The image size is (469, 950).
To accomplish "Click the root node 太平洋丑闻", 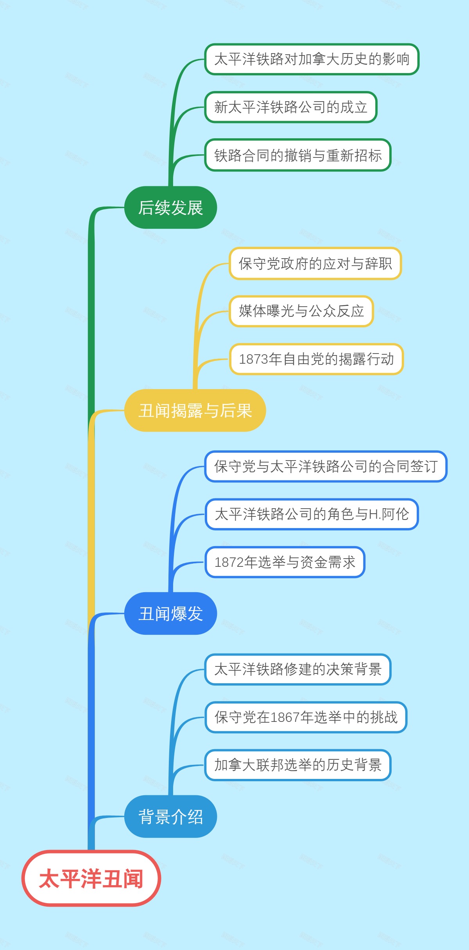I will point(91,878).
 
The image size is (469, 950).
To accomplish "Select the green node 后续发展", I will point(170,207).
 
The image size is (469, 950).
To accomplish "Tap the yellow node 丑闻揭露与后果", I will point(195,411).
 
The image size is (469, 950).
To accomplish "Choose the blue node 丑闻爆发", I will point(170,613).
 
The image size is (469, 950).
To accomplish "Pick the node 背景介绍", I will point(170,816).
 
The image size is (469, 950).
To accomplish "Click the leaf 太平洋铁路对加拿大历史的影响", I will point(311,59).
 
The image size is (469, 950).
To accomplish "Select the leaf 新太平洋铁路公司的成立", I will point(290,107).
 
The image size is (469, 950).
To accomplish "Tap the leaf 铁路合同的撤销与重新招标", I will point(297,155).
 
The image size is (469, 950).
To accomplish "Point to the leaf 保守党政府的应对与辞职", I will point(315,263).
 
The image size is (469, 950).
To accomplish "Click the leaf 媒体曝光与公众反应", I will point(301,311).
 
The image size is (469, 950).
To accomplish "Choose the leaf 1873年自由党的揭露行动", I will point(316,359).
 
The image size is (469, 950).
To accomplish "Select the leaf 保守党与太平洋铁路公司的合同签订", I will point(326,466).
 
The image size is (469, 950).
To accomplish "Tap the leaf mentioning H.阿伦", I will point(311,514).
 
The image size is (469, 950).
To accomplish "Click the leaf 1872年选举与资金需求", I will point(285,562).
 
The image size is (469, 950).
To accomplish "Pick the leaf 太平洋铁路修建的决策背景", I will point(297,669).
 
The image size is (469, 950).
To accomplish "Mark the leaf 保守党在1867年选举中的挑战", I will point(306,717).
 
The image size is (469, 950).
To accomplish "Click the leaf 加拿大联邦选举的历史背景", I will point(297,765).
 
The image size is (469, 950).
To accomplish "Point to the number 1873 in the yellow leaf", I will point(254,359).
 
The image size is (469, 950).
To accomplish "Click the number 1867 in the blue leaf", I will point(285,718).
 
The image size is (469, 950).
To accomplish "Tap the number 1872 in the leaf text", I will point(229,562).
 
